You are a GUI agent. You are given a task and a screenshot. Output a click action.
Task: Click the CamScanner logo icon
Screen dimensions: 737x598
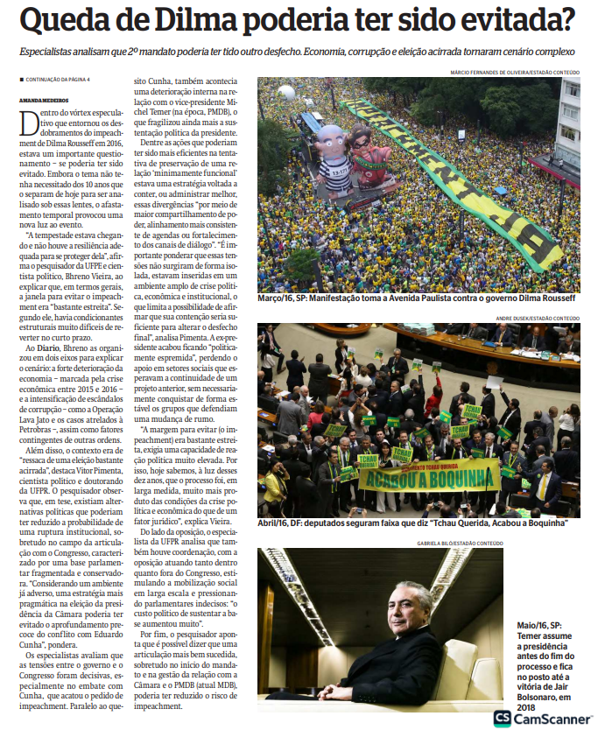coord(503,719)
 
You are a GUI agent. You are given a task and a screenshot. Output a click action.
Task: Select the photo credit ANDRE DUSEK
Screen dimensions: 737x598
coord(520,318)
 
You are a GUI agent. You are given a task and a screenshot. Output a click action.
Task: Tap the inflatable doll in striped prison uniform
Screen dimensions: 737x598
coord(331,149)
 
